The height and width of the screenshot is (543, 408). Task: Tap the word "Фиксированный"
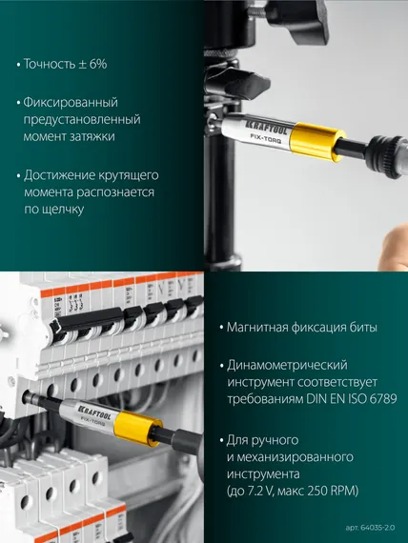click(x=72, y=102)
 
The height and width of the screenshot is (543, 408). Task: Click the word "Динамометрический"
click(x=287, y=365)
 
